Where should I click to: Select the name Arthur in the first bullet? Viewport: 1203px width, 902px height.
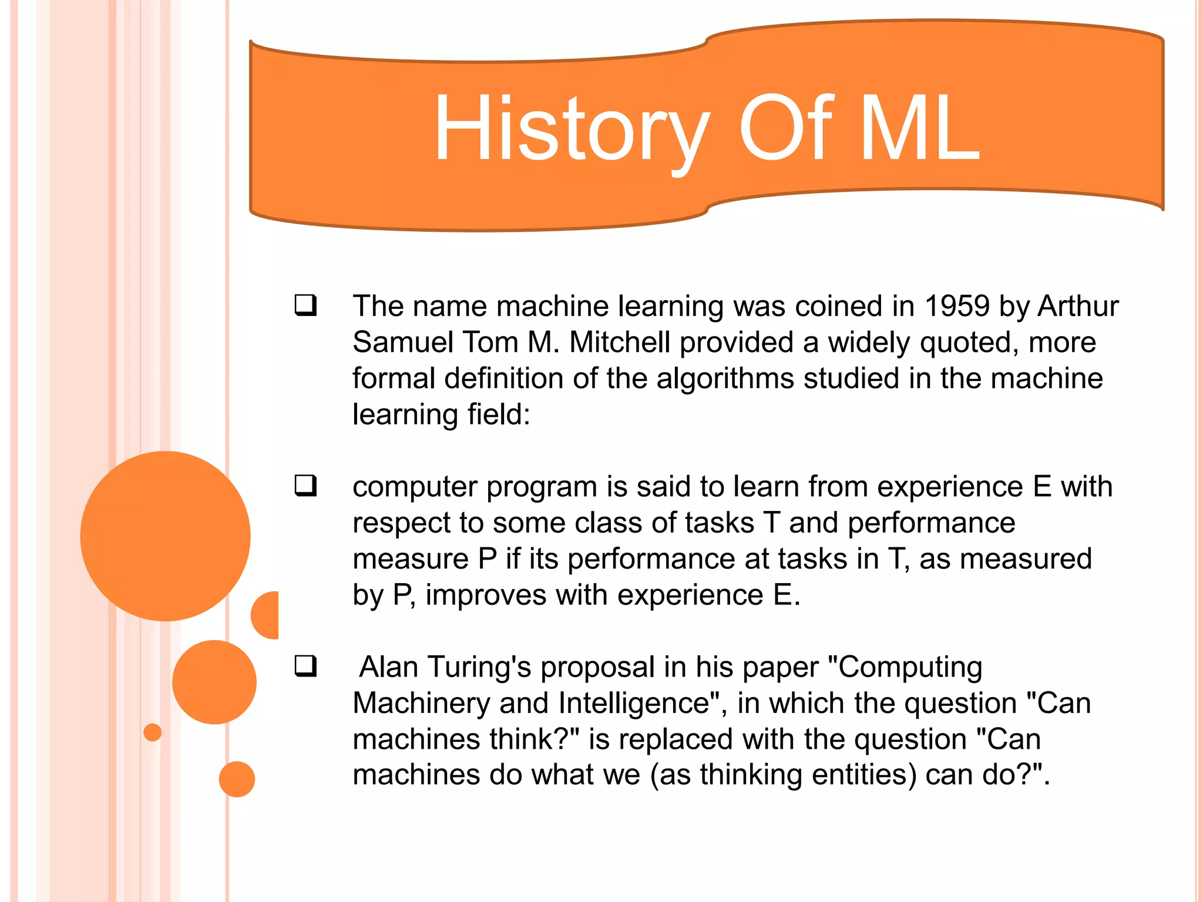[1078, 307]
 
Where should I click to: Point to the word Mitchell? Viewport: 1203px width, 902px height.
[620, 342]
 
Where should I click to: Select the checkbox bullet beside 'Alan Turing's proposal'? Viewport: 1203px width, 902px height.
[306, 667]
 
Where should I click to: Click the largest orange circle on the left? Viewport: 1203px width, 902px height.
[165, 536]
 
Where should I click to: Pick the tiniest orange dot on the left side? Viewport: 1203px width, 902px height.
[153, 732]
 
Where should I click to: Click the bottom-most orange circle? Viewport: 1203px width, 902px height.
[237, 779]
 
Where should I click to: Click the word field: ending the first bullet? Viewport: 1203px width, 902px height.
[499, 415]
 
